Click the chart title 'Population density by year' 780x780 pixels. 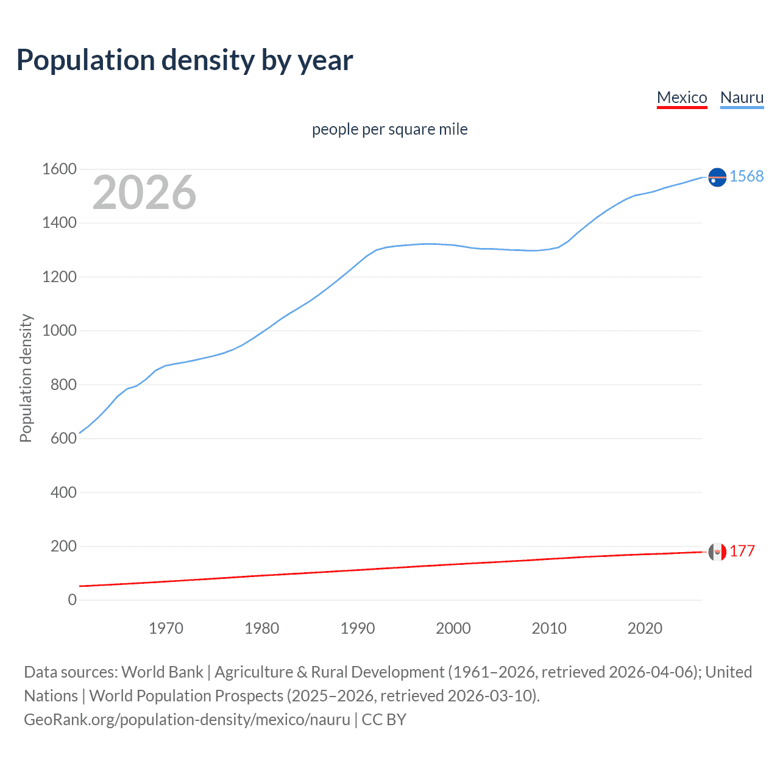pos(185,60)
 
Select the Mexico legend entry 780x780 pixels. pos(682,97)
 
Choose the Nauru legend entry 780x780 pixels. pos(742,97)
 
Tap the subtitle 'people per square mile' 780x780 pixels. pos(390,129)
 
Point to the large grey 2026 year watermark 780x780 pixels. pos(144,193)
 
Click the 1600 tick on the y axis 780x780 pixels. pos(59,169)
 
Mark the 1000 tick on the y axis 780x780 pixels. pos(59,330)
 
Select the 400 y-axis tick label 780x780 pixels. pos(63,492)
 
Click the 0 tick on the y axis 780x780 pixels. pos(72,600)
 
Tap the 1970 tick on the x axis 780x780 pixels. pos(166,628)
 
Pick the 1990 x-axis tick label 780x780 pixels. pos(358,628)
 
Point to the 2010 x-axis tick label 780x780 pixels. pos(549,628)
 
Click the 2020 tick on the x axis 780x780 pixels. pos(645,628)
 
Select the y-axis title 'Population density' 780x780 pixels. pos(26,378)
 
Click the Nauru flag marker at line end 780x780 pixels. pos(717,177)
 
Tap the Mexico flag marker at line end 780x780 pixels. pos(717,551)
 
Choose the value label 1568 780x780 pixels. pos(746,176)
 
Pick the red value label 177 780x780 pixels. pos(742,551)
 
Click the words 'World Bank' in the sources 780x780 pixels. pos(162,672)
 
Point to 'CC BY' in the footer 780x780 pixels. pos(384,720)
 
